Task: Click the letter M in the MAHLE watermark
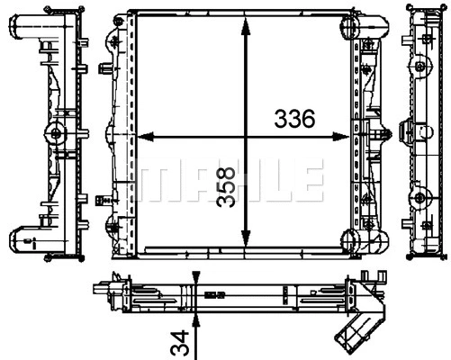[x=153, y=180]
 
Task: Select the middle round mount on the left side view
[x=56, y=135]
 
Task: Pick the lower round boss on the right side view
[x=418, y=200]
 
